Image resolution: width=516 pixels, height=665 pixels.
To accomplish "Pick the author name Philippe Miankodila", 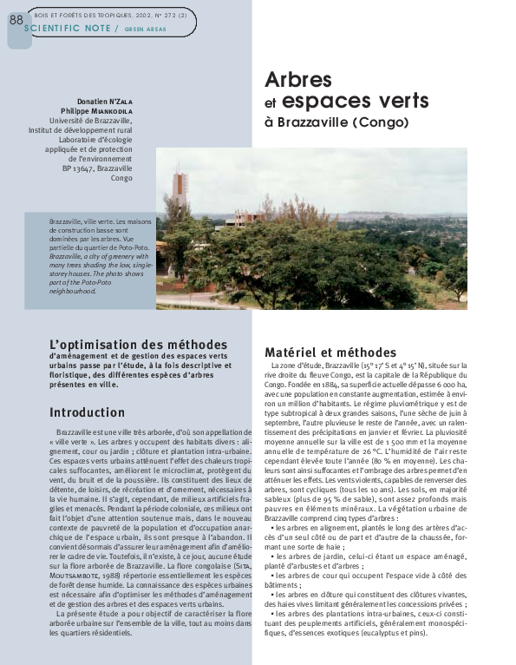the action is [x=97, y=111].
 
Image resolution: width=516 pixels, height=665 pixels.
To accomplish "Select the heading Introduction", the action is [x=87, y=412].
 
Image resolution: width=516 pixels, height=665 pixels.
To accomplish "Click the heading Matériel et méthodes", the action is [x=330, y=352].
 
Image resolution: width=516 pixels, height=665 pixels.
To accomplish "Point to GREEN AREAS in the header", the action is [x=145, y=30].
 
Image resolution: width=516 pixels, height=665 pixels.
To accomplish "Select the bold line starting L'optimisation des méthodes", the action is [x=138, y=345].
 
